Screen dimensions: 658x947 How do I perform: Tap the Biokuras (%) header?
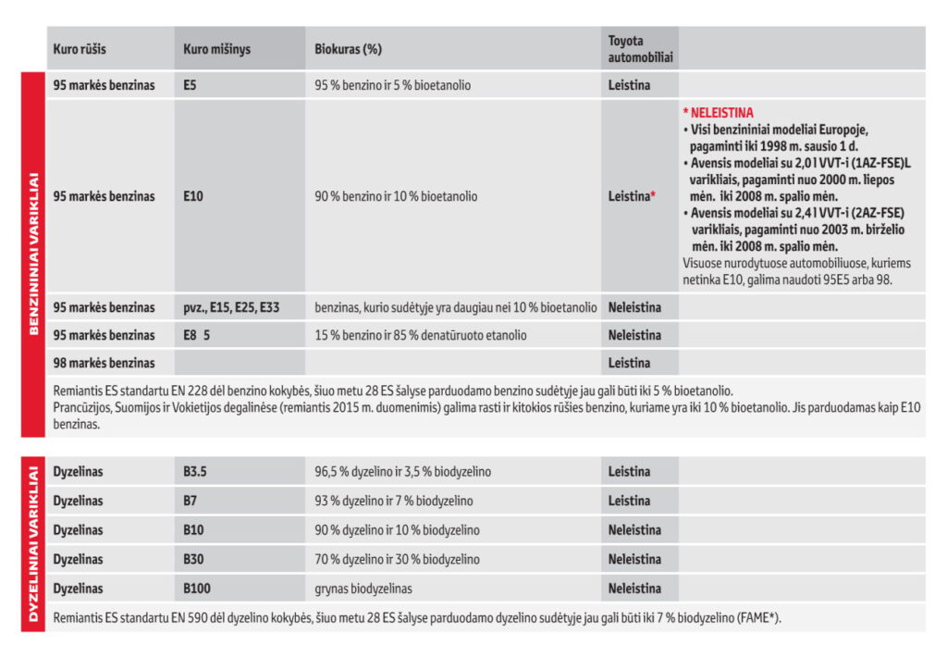point(348,48)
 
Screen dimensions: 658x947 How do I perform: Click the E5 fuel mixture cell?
point(190,85)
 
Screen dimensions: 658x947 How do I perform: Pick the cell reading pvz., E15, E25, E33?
point(230,307)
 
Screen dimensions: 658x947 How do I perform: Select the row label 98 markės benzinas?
point(104,363)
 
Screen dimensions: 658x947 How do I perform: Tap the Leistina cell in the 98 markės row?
point(629,363)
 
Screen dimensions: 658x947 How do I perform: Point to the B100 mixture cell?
point(196,589)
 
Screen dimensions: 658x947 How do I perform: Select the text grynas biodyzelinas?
point(363,589)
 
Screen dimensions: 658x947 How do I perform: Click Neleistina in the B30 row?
point(634,559)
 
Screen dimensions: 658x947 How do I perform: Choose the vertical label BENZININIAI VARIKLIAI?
point(32,252)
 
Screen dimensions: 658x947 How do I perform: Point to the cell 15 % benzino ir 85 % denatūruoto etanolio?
point(421,335)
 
